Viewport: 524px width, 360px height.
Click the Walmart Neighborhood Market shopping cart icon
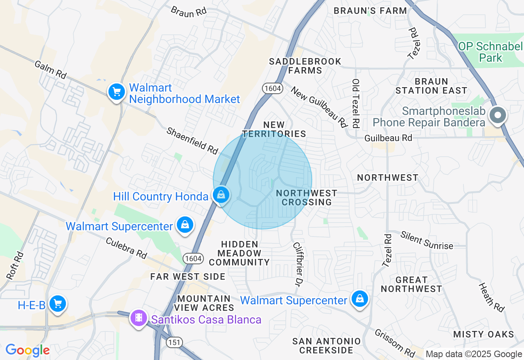[x=117, y=92]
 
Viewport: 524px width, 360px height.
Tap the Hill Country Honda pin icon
[x=221, y=195]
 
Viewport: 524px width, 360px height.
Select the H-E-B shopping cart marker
[x=57, y=304]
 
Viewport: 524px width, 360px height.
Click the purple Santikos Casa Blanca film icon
[x=139, y=318]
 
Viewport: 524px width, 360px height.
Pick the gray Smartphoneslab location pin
[x=498, y=115]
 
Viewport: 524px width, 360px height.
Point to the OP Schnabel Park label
[x=490, y=52]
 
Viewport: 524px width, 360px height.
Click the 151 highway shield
[x=175, y=342]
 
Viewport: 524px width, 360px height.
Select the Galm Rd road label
[x=50, y=70]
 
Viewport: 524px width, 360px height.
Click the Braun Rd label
[x=189, y=11]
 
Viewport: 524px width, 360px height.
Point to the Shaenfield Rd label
[x=192, y=141]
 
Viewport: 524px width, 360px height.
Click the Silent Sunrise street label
[x=427, y=240]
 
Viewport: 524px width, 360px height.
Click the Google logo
[x=27, y=351]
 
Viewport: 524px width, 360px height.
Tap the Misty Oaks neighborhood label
[x=483, y=334]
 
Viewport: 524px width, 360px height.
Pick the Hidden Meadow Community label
[x=239, y=253]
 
